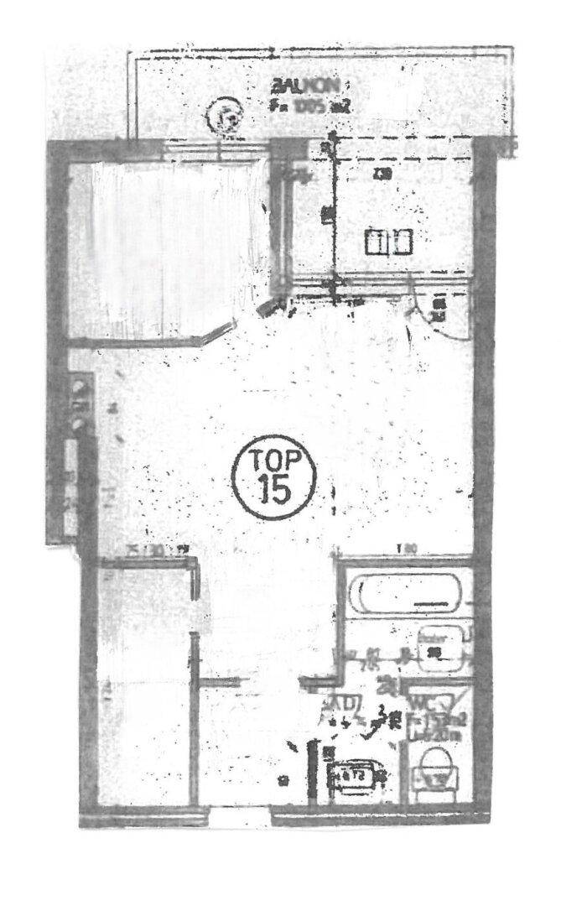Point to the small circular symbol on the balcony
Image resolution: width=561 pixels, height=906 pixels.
pos(226,115)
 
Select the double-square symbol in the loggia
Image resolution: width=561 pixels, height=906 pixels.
pos(388,243)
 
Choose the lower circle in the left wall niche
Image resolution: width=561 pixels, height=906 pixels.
pos(79,424)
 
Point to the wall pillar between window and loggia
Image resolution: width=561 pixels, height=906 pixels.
pos(280,218)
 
